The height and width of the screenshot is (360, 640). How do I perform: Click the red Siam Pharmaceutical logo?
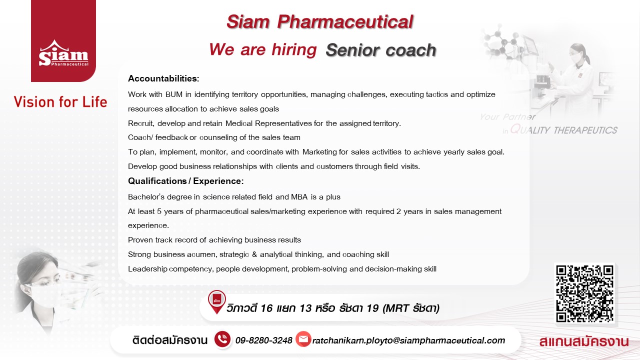point(63,41)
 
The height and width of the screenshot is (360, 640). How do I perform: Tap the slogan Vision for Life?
point(60,102)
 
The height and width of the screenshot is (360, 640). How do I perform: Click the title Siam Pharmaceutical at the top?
point(319,21)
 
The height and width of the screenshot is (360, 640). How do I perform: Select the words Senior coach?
point(381,50)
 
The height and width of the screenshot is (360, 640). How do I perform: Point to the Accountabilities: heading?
point(163,78)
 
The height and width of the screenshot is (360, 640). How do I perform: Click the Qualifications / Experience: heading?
point(185,181)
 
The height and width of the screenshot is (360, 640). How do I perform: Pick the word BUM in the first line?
point(174,94)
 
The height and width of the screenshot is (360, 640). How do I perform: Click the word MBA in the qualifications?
point(299,197)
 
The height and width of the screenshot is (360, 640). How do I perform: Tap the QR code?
point(584,293)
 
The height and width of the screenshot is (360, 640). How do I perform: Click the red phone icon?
point(222,339)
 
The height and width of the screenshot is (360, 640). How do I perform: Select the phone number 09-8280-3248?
point(263,340)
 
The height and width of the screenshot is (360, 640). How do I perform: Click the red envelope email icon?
point(303,339)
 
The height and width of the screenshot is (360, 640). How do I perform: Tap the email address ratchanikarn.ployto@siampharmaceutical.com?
point(408,340)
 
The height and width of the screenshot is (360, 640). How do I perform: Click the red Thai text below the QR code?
point(584,341)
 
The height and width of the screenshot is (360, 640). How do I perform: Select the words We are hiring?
point(263,49)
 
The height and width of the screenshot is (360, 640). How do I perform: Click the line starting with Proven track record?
point(214,240)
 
